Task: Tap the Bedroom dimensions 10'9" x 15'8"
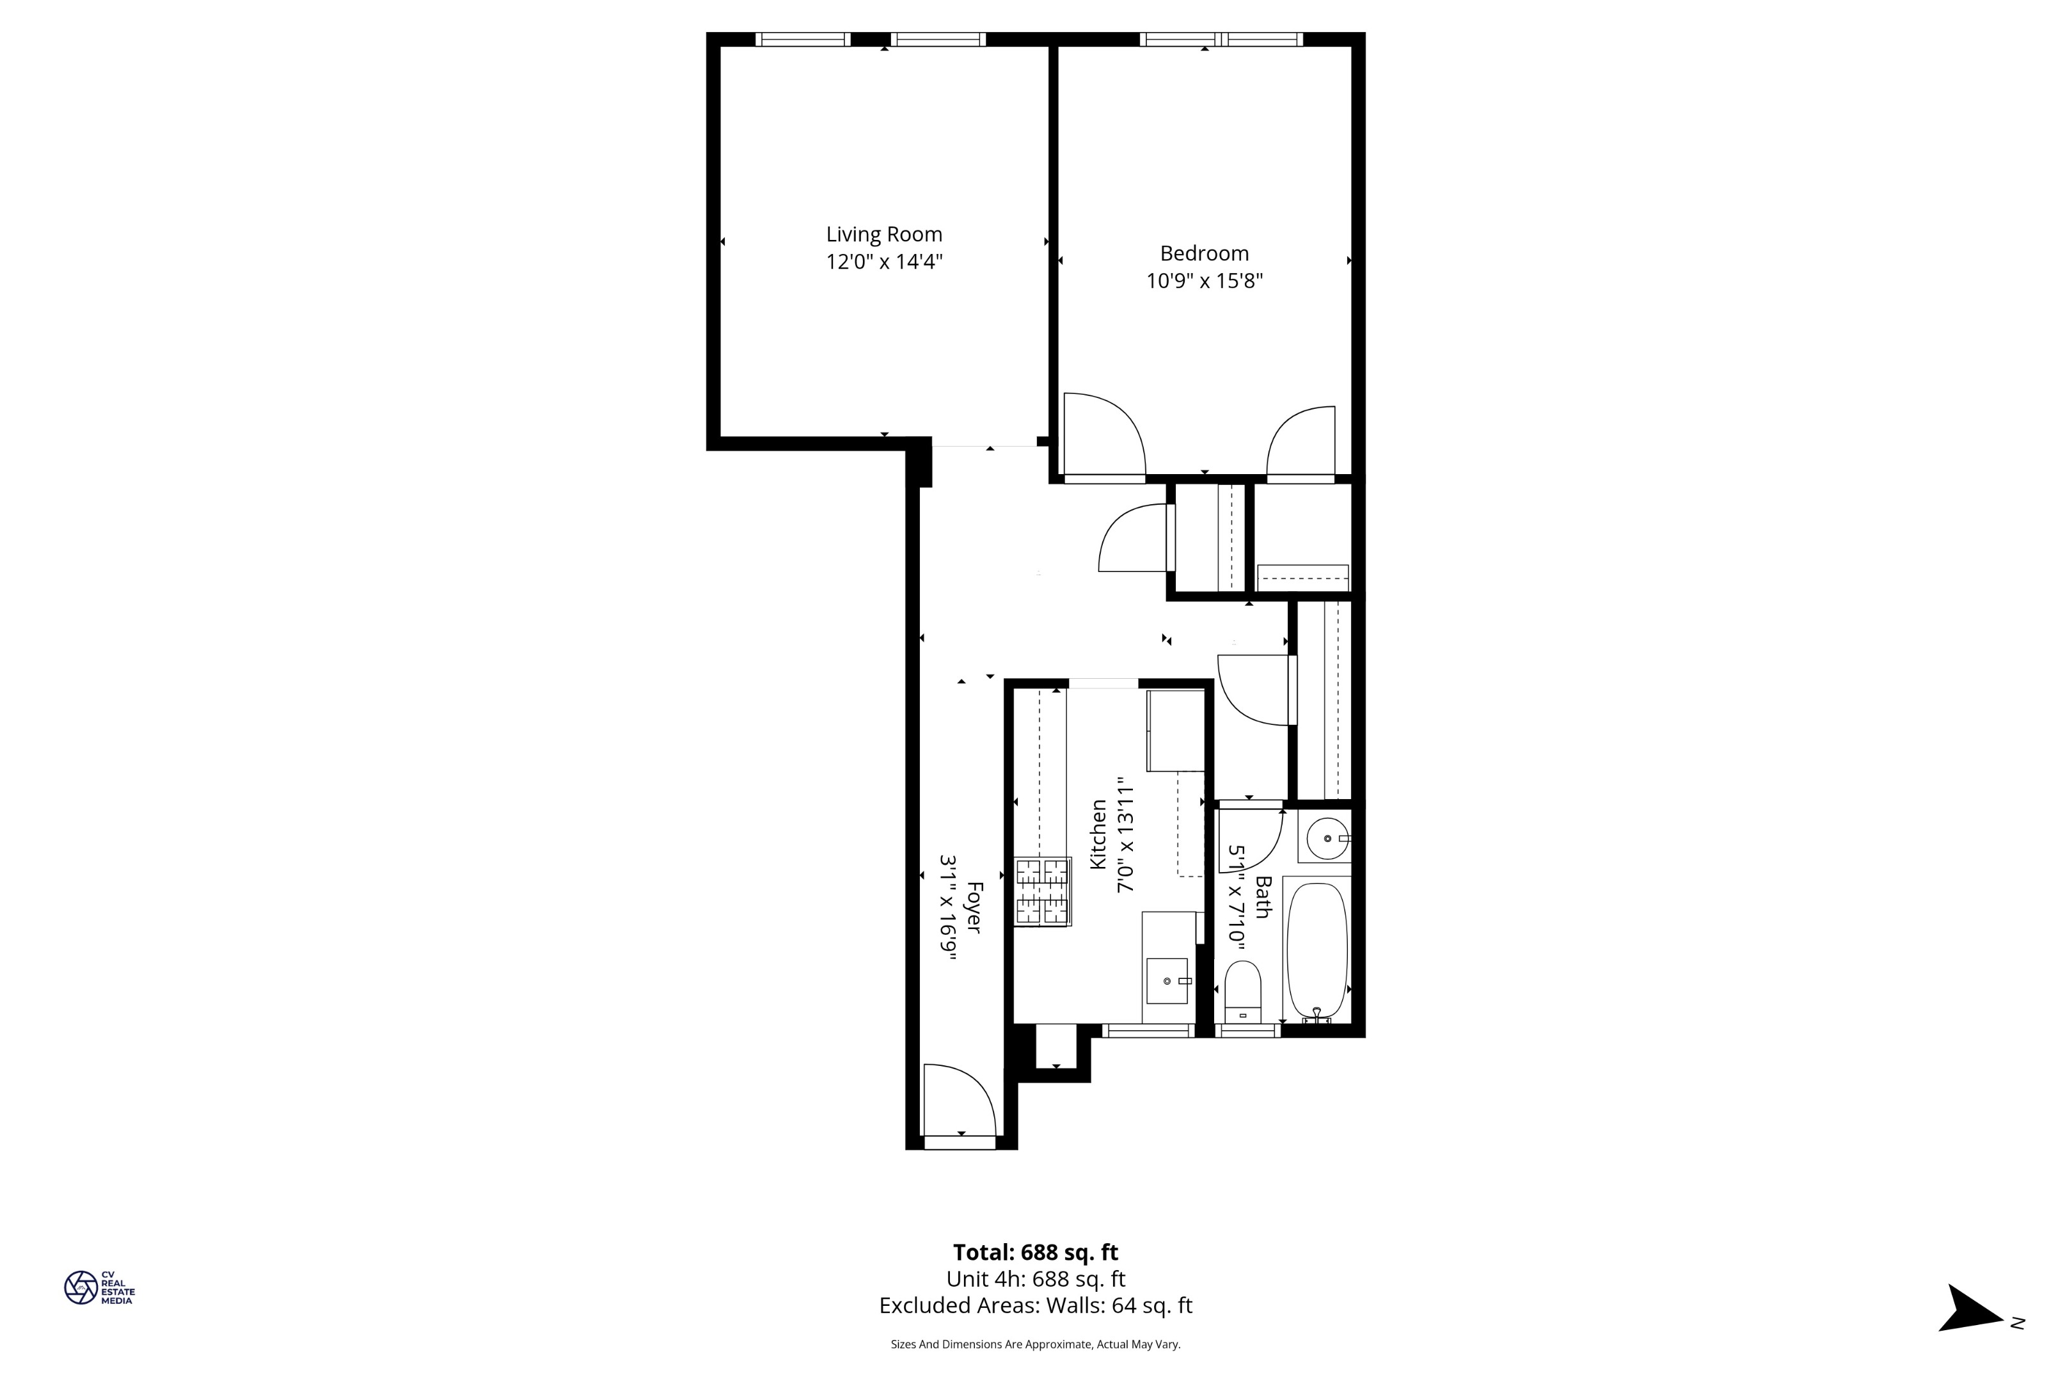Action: coord(1205,281)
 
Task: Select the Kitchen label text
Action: coord(1098,834)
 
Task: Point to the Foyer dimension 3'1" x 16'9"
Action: coord(948,907)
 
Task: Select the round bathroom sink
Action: coord(1327,838)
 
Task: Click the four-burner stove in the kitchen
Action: coord(1043,891)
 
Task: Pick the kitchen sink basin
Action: coord(1167,981)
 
